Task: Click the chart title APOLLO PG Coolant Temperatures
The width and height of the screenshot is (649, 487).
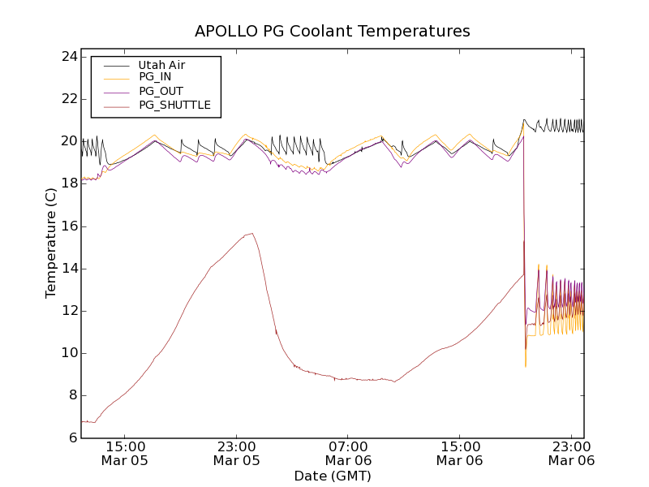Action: pos(332,32)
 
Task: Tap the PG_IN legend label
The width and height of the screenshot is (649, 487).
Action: pos(155,77)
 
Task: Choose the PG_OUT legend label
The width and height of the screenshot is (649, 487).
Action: pos(161,91)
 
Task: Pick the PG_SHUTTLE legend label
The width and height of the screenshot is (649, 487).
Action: pos(174,105)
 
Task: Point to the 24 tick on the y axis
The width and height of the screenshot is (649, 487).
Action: pos(67,57)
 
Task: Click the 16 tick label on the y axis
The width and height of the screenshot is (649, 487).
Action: pos(67,226)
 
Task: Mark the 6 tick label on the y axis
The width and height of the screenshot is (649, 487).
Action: pos(71,437)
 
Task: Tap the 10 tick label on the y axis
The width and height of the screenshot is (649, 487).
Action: pos(67,353)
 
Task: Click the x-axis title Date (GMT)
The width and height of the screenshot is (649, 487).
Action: pos(332,476)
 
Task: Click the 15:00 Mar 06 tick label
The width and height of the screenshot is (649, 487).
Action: pos(461,453)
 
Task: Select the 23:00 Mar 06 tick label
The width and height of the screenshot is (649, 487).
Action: pos(572,453)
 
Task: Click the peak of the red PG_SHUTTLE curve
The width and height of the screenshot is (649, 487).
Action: pos(252,234)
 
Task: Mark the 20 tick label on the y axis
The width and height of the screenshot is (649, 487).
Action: pos(67,141)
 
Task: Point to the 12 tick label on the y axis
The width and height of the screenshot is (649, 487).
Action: pos(67,311)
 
